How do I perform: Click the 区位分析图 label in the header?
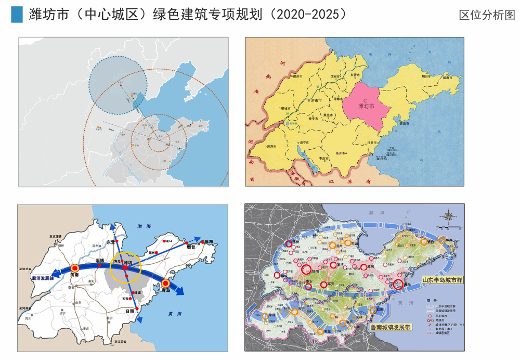(487, 15)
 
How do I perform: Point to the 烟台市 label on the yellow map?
(426, 76)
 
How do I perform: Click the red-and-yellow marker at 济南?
(74, 268)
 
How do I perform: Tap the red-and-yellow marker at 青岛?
(165, 284)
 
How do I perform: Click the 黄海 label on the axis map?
(175, 314)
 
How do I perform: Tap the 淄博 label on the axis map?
(100, 260)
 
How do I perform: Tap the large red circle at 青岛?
(399, 285)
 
